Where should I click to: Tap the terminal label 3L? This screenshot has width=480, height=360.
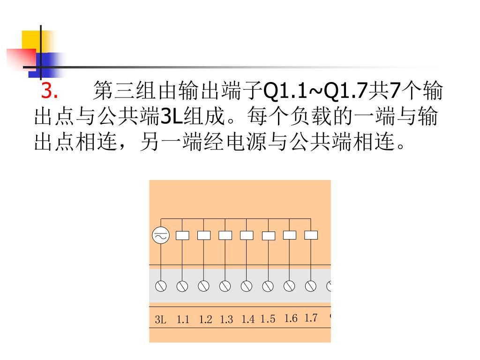[x=160, y=320]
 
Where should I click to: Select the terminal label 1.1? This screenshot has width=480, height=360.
[x=183, y=320]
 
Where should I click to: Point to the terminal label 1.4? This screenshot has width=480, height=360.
[x=248, y=319]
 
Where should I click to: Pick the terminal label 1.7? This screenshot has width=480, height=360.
[x=311, y=318]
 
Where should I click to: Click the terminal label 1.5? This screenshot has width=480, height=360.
[x=268, y=319]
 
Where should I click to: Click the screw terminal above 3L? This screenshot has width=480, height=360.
[x=161, y=286]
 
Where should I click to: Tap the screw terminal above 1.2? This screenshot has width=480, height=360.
[x=203, y=286]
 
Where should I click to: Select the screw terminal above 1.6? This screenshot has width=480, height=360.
[x=289, y=286]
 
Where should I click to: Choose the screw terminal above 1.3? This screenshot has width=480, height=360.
[x=225, y=286]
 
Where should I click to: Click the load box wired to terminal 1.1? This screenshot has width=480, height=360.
[x=182, y=235]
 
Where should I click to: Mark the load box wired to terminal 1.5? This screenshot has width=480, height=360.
[x=268, y=236]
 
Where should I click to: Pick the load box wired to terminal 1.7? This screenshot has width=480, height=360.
[x=311, y=235]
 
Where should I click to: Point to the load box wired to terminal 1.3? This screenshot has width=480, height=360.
[x=225, y=235]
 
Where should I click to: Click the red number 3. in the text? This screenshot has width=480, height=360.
[x=49, y=91]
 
